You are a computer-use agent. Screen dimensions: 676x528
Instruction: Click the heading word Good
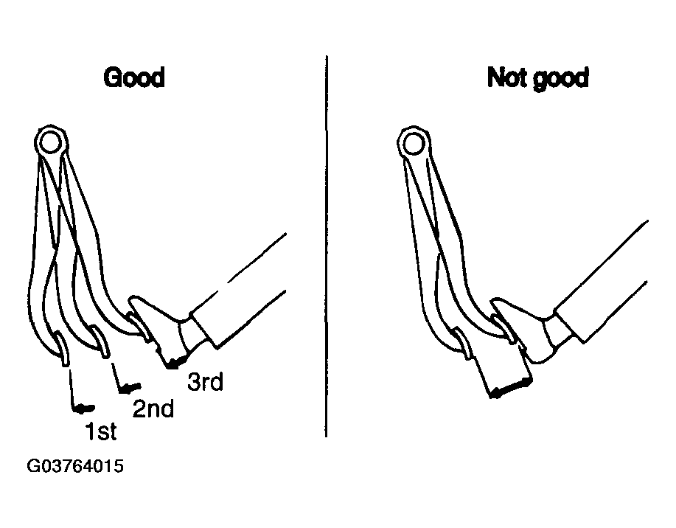click(134, 77)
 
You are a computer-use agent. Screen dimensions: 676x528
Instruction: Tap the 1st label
click(101, 431)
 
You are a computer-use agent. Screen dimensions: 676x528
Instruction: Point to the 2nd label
click(153, 408)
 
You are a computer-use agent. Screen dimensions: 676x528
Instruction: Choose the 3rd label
click(205, 381)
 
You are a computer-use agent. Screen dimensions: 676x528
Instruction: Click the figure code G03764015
click(75, 466)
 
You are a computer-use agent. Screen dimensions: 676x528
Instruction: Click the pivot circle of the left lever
click(50, 142)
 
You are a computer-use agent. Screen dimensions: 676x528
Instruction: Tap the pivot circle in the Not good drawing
click(414, 144)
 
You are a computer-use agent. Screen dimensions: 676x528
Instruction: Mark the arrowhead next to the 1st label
click(83, 408)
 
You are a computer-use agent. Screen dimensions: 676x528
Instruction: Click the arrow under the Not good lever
click(512, 388)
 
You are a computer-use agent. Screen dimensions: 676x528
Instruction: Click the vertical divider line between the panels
click(327, 246)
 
